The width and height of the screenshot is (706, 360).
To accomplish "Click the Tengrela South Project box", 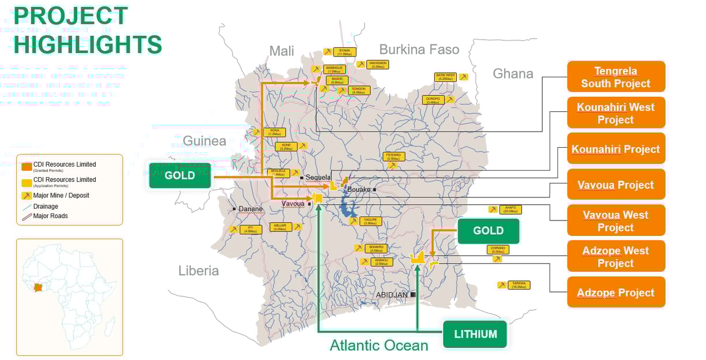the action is [x=616, y=77].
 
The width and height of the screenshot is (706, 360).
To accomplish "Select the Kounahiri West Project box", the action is [x=616, y=113].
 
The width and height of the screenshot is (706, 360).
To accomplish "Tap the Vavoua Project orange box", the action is [x=616, y=185].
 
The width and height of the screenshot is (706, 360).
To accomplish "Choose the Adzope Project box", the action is [x=616, y=292].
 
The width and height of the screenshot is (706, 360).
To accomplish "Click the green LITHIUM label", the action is [x=475, y=334].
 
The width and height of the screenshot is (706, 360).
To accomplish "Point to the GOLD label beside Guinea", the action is [x=179, y=175].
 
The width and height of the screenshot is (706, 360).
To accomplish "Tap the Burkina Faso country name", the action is [x=419, y=50].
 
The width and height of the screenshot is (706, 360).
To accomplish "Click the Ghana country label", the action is [x=513, y=73].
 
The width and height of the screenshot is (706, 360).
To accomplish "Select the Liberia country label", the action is [x=198, y=271].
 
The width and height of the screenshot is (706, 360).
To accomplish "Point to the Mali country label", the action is [x=281, y=51].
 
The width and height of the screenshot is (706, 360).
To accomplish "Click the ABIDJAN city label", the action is [x=392, y=295].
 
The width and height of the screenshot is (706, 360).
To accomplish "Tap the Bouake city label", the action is [x=359, y=189].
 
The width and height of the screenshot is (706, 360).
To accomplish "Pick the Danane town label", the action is [x=250, y=209].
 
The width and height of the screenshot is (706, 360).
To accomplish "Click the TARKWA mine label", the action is [x=519, y=285].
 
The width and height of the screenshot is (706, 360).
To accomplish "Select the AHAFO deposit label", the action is [x=510, y=209].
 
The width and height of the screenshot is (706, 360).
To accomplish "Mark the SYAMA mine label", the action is [x=344, y=52].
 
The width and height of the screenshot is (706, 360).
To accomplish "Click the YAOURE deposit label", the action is [x=371, y=221].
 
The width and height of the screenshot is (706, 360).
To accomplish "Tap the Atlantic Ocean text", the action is [x=379, y=346].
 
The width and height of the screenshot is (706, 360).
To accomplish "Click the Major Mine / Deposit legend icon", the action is [x=27, y=196].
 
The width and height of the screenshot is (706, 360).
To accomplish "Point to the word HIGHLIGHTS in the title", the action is [x=88, y=44].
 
